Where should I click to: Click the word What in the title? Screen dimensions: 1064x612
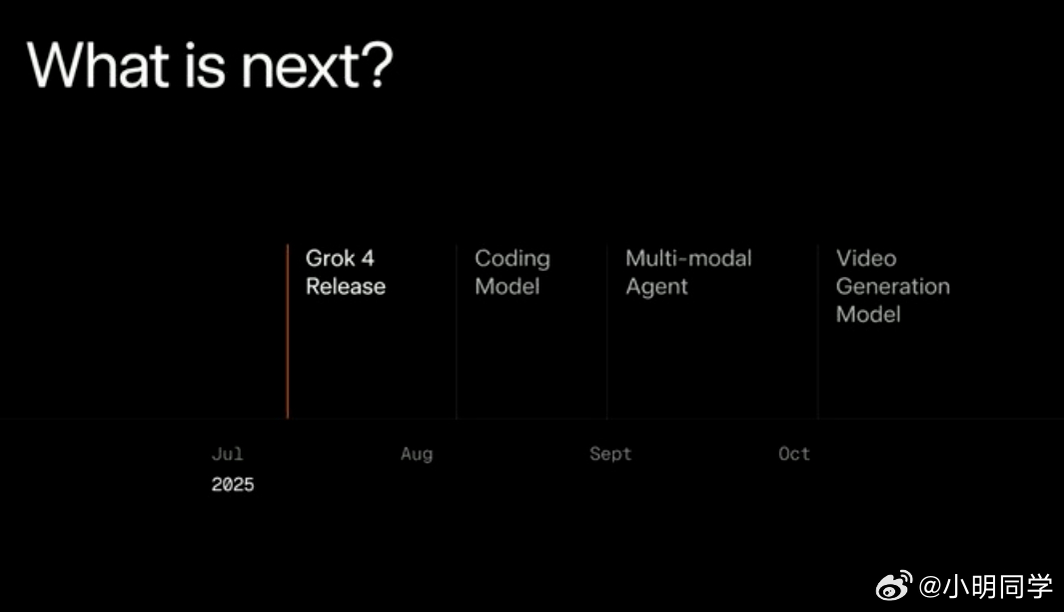(x=98, y=65)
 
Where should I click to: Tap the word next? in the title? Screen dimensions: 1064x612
(x=318, y=65)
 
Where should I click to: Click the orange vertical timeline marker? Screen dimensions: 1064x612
(x=288, y=331)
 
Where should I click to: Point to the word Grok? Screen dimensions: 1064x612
(x=330, y=258)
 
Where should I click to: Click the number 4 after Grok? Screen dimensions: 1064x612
(x=368, y=258)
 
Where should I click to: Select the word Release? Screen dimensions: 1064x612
(x=346, y=287)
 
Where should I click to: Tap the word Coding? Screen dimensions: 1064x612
(x=513, y=259)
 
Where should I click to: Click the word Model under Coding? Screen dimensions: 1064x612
(x=507, y=287)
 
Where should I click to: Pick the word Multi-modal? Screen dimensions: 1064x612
(x=688, y=258)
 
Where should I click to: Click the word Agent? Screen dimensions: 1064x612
(x=656, y=287)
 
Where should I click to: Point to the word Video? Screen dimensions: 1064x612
(x=866, y=258)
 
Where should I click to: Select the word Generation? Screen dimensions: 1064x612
(x=893, y=287)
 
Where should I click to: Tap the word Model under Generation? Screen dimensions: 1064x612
(x=868, y=314)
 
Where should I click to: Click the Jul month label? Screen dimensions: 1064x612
(x=228, y=454)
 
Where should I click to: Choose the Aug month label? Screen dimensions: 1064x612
(x=417, y=454)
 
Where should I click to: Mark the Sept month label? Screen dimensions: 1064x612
(x=610, y=454)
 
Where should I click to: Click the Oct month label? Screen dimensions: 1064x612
(x=794, y=454)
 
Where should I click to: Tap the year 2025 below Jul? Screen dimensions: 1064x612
(x=233, y=484)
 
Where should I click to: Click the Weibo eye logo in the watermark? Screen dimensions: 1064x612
(x=894, y=586)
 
